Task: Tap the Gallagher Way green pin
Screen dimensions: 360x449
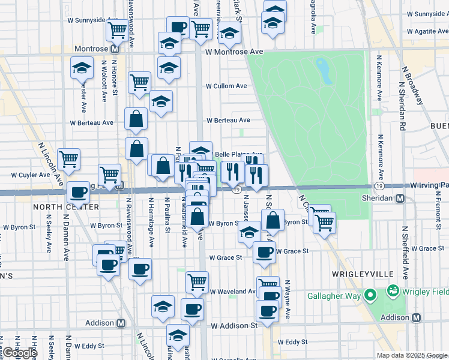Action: [370, 294]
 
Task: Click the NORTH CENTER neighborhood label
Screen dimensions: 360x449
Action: [66, 206]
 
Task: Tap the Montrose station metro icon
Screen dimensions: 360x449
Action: [113, 49]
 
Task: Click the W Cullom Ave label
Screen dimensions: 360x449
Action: [226, 86]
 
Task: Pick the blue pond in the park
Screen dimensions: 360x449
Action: [324, 71]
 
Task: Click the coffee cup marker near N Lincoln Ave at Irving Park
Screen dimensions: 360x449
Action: [77, 191]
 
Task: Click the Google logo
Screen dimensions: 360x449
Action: [19, 353]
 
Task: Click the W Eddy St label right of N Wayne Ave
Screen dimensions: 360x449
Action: [297, 342]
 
